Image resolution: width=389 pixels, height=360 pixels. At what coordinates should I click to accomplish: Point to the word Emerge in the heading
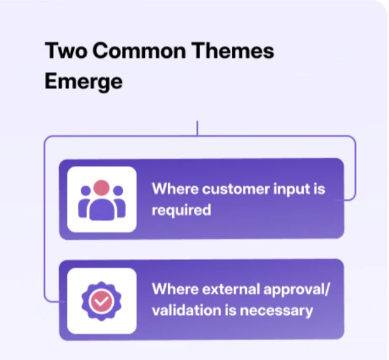tap(83, 82)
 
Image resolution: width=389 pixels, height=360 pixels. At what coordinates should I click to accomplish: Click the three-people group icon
tap(102, 199)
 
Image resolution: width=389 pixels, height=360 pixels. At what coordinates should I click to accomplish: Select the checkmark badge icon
tap(102, 300)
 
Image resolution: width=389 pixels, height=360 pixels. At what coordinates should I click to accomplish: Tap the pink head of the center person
tap(102, 188)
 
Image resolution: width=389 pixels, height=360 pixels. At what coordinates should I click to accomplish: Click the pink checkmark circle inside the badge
tap(102, 300)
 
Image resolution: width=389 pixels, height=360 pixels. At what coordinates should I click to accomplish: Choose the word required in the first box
tap(181, 210)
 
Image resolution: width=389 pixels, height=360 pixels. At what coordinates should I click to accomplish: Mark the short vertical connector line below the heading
tap(198, 128)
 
